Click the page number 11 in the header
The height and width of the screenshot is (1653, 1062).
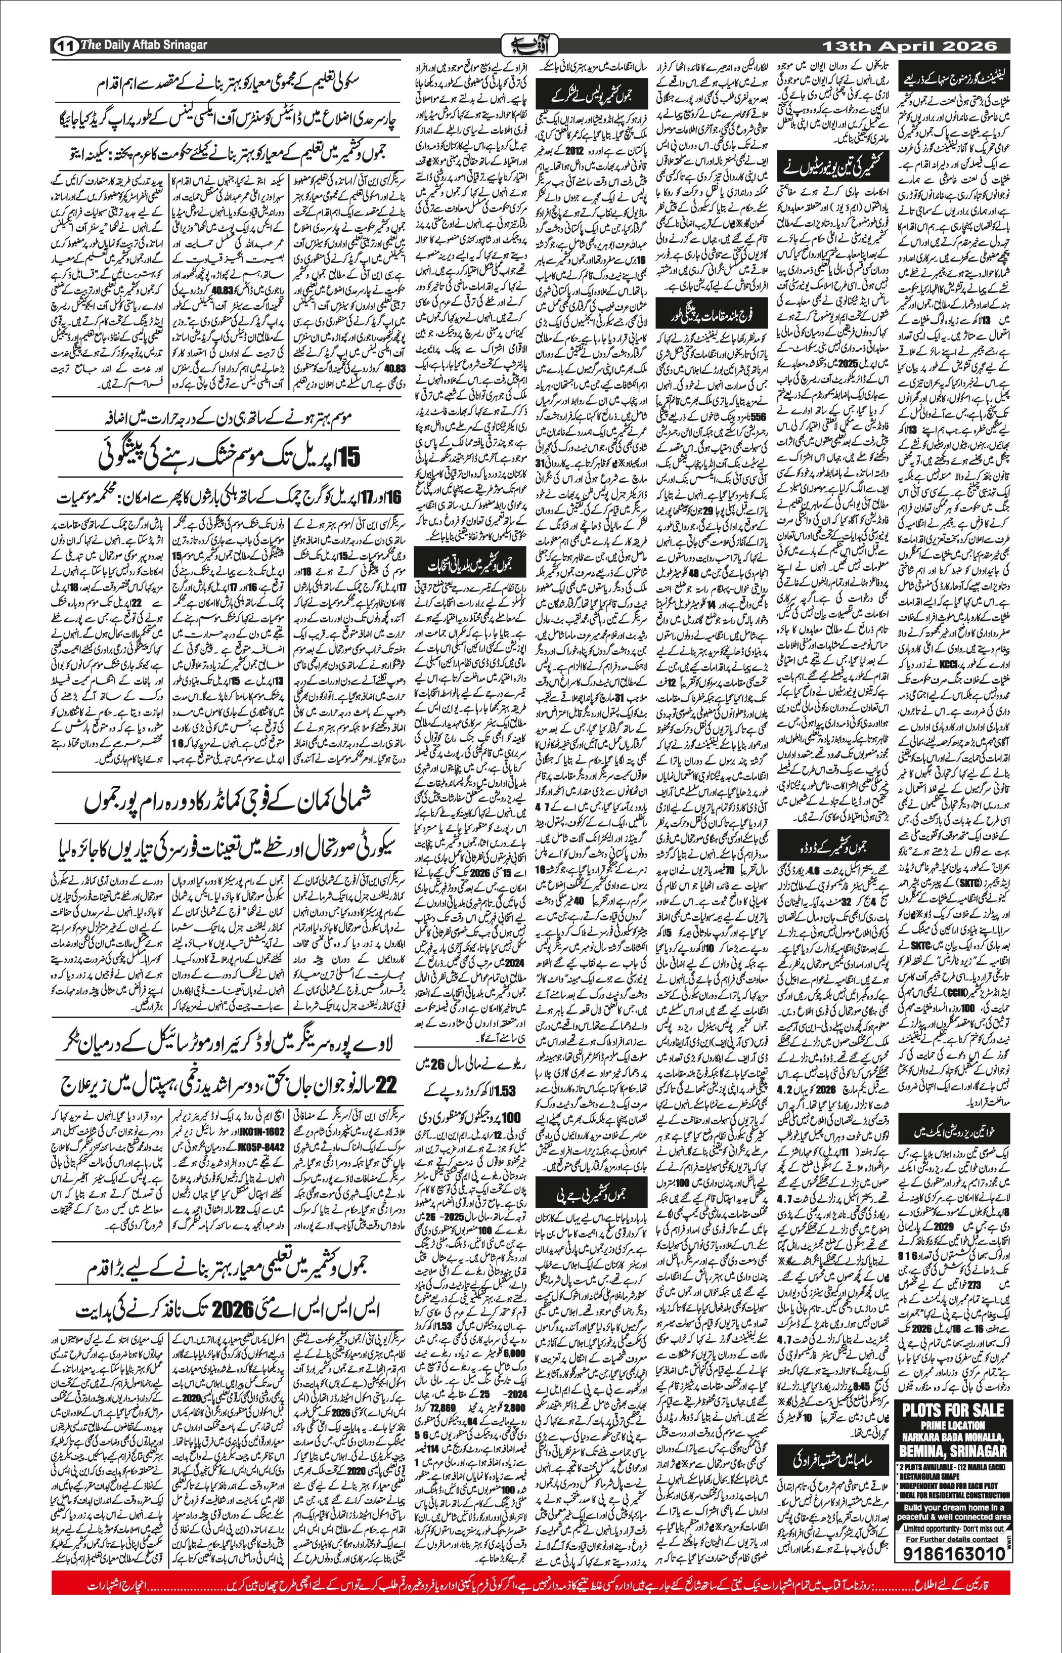[64, 46]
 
